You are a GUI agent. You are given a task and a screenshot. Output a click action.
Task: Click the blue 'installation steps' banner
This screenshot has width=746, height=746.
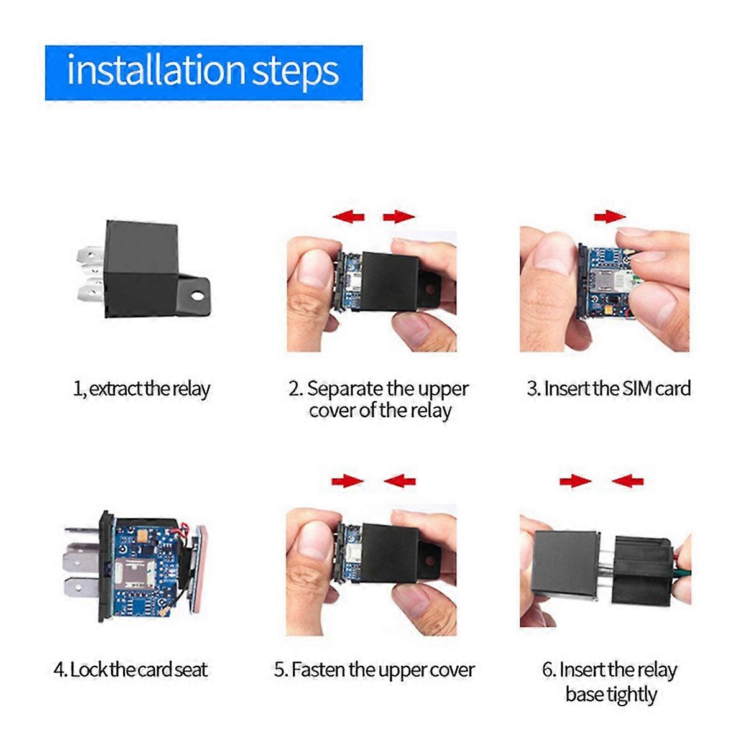click(203, 72)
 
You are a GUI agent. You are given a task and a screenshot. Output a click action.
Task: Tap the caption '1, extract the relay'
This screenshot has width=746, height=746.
click(142, 389)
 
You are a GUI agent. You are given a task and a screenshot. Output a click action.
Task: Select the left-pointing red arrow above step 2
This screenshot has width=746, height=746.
click(348, 216)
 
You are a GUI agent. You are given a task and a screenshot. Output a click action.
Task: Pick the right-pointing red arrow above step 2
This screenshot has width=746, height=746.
click(398, 216)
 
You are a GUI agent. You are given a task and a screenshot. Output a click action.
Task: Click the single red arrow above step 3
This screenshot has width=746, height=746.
click(610, 216)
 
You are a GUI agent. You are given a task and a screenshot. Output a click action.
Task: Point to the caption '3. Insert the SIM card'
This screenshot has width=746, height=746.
click(609, 389)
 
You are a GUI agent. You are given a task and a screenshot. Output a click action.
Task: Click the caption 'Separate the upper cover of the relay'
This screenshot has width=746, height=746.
click(379, 400)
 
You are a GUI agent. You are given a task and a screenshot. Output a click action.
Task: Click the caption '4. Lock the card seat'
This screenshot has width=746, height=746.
click(131, 670)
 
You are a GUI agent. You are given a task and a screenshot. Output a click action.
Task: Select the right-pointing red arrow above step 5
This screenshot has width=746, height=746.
click(348, 481)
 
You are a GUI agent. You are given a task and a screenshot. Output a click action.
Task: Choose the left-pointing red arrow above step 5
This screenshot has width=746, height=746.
click(400, 481)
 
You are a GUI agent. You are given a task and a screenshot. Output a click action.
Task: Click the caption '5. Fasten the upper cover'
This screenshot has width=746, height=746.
click(374, 670)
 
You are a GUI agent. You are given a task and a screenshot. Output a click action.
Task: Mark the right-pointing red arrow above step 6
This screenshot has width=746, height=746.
click(575, 481)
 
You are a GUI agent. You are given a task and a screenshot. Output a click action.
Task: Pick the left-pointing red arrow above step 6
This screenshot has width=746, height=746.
click(627, 481)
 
